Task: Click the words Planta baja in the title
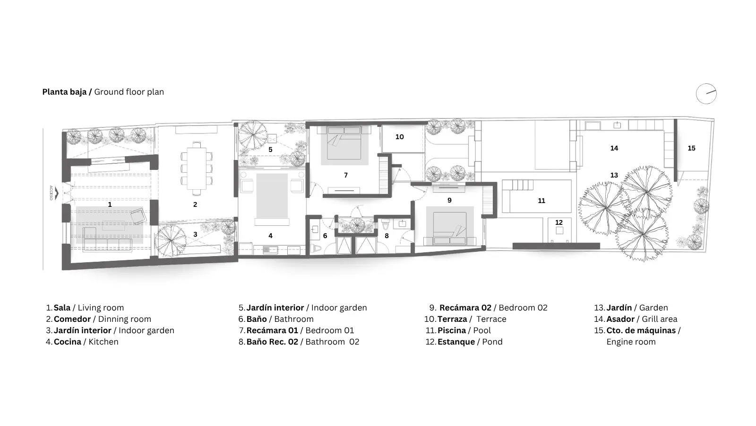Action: [x=64, y=92]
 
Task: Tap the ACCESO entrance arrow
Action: [x=57, y=193]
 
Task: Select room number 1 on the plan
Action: [x=110, y=204]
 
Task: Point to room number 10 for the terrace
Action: [x=400, y=137]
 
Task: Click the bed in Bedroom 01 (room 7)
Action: [x=344, y=142]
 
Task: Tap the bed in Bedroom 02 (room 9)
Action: [x=450, y=228]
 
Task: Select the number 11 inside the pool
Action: [x=541, y=201]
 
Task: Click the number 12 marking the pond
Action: [x=559, y=222]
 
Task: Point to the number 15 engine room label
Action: [x=692, y=148]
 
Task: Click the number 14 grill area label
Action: [x=614, y=148]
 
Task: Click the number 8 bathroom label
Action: [x=387, y=236]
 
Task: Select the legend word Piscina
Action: [x=452, y=330]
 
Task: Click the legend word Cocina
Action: [x=68, y=342]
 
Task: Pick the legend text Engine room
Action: [x=631, y=342]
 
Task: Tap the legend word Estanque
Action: [x=456, y=342]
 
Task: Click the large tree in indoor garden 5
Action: [x=252, y=135]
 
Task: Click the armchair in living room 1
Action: [x=138, y=216]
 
